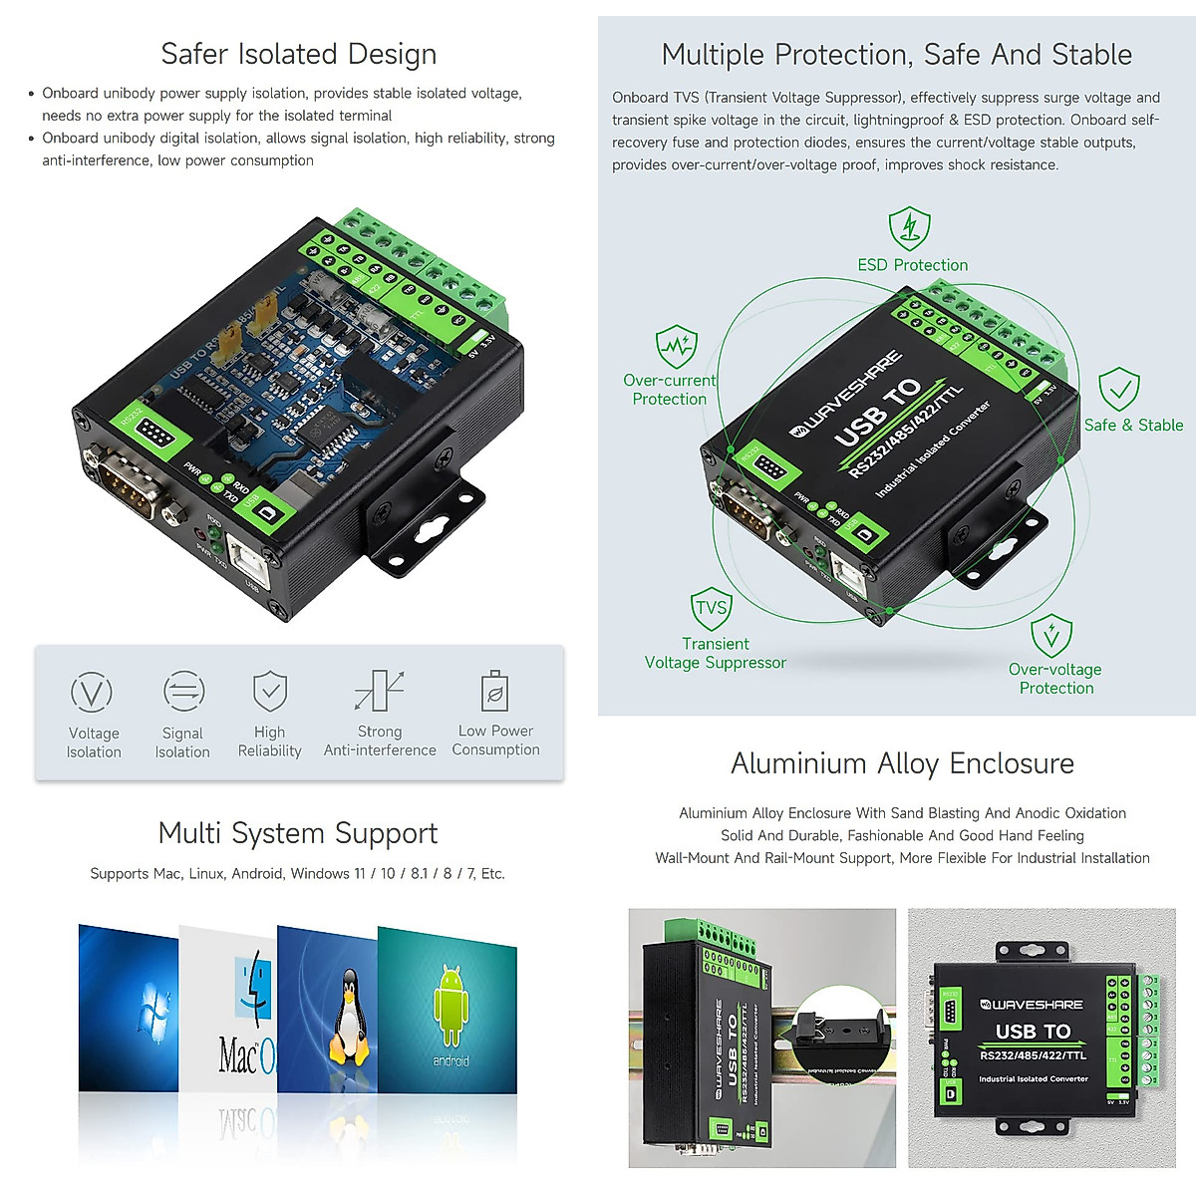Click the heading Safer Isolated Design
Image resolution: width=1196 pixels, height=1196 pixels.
(x=298, y=54)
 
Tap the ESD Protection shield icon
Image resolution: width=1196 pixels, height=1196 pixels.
(x=909, y=229)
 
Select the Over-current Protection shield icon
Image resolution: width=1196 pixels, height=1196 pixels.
(x=676, y=347)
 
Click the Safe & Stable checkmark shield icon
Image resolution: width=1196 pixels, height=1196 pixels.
(x=1118, y=389)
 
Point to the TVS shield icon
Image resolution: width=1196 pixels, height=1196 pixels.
(x=711, y=608)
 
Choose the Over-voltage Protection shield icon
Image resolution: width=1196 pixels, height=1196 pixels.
(x=1050, y=636)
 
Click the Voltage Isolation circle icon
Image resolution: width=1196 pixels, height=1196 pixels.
(x=92, y=692)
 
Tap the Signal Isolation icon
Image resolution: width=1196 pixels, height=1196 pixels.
(x=183, y=691)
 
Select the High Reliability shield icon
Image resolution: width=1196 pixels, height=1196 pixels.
(x=270, y=691)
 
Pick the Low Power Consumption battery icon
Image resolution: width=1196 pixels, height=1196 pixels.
(x=494, y=690)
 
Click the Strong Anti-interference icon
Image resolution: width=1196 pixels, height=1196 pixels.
(x=379, y=691)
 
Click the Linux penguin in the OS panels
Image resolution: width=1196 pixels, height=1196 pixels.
(x=348, y=1017)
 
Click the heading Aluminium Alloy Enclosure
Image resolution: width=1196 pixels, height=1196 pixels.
(x=902, y=763)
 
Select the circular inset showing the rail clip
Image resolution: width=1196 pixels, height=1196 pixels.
(x=844, y=1036)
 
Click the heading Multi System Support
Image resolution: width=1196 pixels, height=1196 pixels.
(x=298, y=833)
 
